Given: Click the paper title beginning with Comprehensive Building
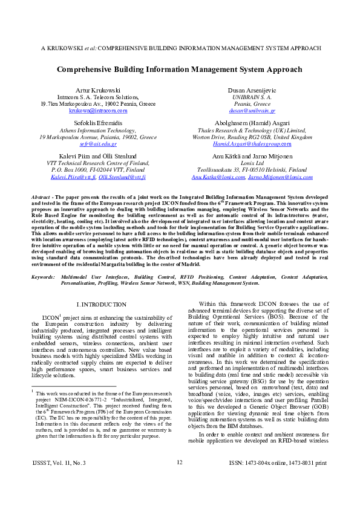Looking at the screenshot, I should (x=180, y=70).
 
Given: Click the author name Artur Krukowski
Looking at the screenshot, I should (x=97, y=89).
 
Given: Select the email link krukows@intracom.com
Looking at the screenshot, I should (x=97, y=111).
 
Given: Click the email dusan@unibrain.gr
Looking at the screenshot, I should (x=253, y=111).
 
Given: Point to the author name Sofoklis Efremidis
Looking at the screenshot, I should (x=97, y=123).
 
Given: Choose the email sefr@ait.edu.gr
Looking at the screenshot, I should (x=97, y=144).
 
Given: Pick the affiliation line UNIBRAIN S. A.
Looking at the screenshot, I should (x=253, y=97).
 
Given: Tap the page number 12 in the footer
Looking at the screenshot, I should (x=180, y=479).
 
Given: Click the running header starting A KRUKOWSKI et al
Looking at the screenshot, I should (x=180, y=47).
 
